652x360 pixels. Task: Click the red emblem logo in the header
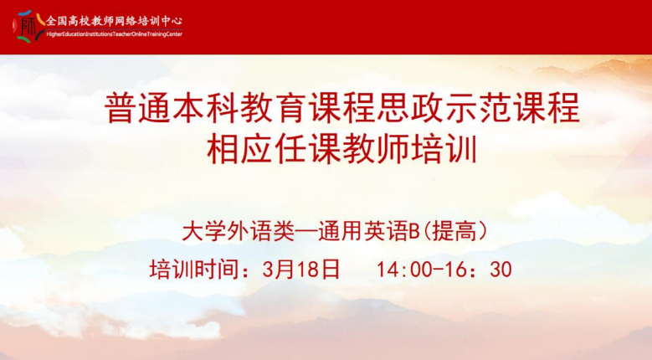(29, 26)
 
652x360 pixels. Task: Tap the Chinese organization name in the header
(114, 20)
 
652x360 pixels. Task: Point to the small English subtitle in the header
(114, 35)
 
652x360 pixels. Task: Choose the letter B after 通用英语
(412, 229)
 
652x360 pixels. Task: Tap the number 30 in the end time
(499, 270)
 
